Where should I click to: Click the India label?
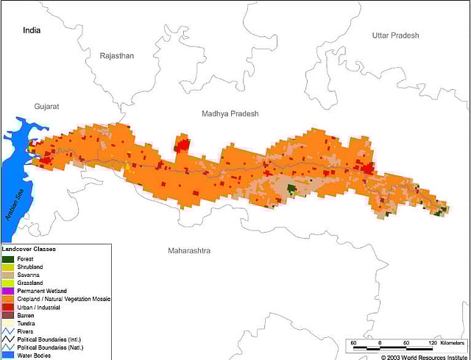pos(32,30)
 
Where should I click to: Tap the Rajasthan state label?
pos(117,56)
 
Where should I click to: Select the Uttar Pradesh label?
pos(395,35)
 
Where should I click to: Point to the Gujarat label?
pos(46,107)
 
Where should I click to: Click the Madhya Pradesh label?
pos(230,113)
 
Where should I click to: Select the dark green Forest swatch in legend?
pos(7,259)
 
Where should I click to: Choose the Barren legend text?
pos(26,315)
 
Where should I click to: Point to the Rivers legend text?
pos(26,331)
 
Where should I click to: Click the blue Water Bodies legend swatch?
pos(7,356)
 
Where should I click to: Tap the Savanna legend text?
pos(28,275)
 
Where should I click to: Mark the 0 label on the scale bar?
pos(380,343)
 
